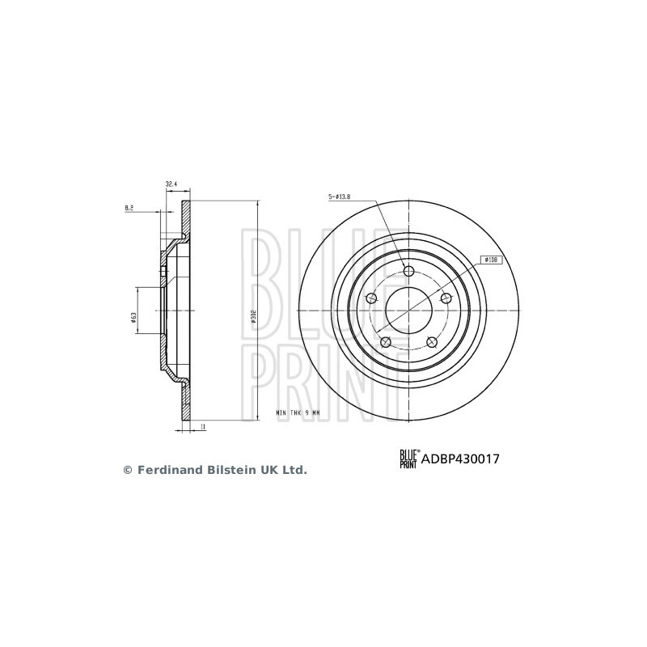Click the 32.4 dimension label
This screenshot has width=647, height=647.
coord(171,185)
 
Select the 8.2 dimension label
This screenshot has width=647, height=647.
coord(129,209)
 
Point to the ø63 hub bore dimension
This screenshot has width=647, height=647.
coord(133,319)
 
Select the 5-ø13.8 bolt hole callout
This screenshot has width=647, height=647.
coord(340,197)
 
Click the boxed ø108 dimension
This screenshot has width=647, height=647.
coord(491,260)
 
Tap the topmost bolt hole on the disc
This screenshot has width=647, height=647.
coord(408,272)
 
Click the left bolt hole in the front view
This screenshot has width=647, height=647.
coord(371,299)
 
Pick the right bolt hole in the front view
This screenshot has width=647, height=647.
coord(445,299)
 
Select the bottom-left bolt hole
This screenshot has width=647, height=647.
coord(386,343)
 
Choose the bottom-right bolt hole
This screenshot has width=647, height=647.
coord(431,343)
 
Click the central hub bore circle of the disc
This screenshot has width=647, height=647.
coord(408,311)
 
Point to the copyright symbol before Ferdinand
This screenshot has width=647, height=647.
coord(127,469)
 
